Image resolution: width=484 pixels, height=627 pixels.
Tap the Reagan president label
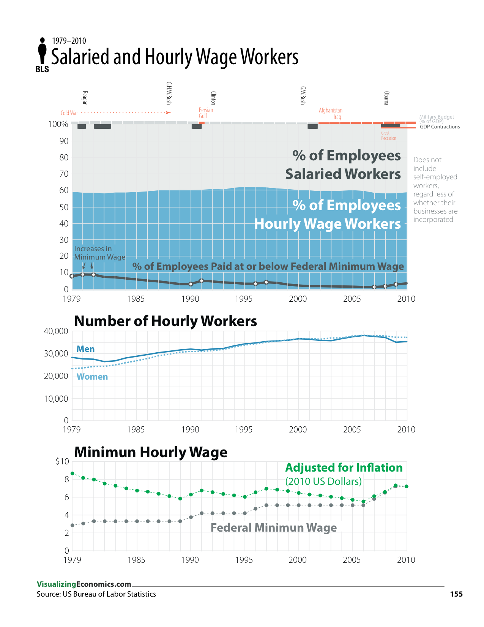(x=85, y=98)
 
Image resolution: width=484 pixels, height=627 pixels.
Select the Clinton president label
(x=213, y=98)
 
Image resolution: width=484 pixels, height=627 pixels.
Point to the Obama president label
(x=386, y=98)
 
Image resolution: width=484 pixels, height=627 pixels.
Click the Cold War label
(x=69, y=113)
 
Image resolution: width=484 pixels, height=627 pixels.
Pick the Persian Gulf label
(x=206, y=113)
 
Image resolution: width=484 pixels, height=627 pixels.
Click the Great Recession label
(x=388, y=136)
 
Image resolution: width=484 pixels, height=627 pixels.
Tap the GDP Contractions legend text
(x=440, y=127)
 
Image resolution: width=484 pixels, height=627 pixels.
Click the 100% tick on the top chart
(x=58, y=124)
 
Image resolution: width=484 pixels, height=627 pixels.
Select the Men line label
(x=85, y=349)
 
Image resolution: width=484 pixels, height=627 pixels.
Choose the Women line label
(x=92, y=377)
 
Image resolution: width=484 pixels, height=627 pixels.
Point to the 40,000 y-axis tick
(x=56, y=331)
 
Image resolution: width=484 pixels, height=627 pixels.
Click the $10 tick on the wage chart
(x=62, y=462)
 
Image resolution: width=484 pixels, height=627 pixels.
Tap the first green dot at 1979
(x=73, y=473)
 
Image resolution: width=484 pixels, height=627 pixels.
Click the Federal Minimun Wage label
(x=273, y=527)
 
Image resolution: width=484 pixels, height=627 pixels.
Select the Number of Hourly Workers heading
(x=166, y=321)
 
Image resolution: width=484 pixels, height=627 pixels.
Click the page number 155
(x=456, y=594)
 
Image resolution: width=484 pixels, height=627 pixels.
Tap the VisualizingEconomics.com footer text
(x=84, y=584)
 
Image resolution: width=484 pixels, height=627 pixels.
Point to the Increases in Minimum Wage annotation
(x=99, y=253)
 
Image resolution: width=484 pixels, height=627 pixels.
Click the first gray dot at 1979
(x=73, y=525)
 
